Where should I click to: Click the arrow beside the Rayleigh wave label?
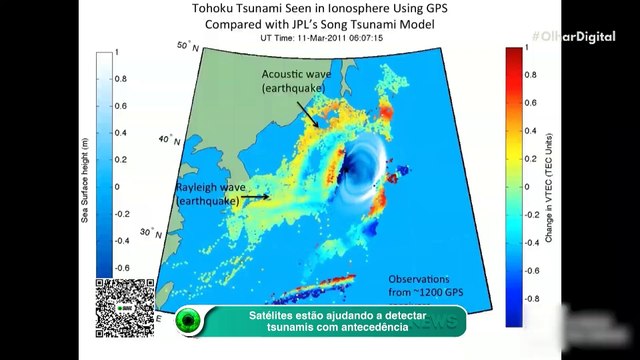click(x=256, y=197)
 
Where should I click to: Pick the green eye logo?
click(x=188, y=323)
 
